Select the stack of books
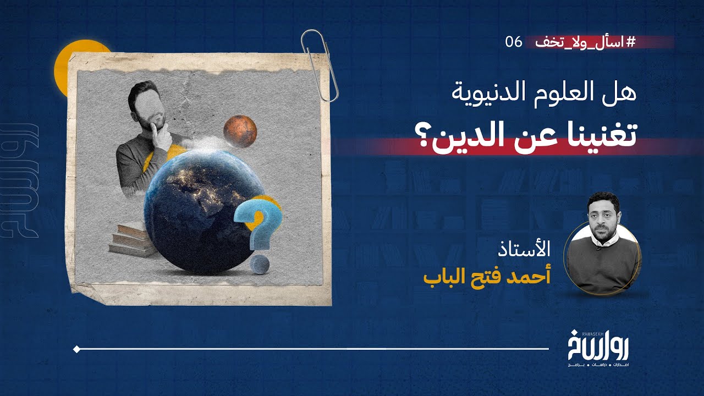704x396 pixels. pyautogui.click(x=131, y=240)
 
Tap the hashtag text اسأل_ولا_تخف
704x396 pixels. pyautogui.click(x=599, y=42)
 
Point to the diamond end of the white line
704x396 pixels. pyautogui.click(x=76, y=349)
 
